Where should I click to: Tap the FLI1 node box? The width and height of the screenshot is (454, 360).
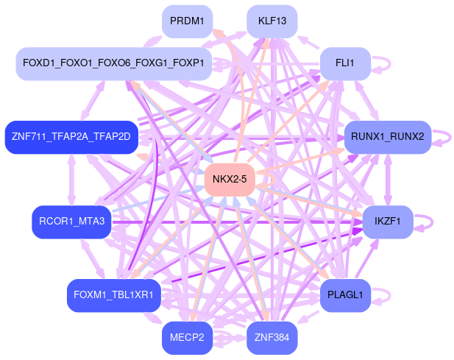pyautogui.click(x=344, y=63)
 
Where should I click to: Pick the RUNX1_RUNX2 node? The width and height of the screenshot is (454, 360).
pyautogui.click(x=387, y=136)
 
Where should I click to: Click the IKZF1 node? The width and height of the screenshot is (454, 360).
pyautogui.click(x=387, y=221)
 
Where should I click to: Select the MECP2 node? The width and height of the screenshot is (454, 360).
pyautogui.click(x=188, y=339)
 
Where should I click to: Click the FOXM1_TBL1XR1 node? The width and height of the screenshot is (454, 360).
pyautogui.click(x=113, y=295)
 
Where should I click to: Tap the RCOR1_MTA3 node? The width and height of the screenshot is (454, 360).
pyautogui.click(x=71, y=221)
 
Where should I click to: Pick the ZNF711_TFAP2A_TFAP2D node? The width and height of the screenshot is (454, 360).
pyautogui.click(x=71, y=136)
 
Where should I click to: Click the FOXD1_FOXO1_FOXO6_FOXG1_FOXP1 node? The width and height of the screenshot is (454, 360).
pyautogui.click(x=113, y=63)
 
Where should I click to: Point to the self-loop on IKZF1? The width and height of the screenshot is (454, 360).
pyautogui.click(x=425, y=221)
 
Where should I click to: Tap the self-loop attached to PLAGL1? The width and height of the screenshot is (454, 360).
pyautogui.click(x=383, y=295)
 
